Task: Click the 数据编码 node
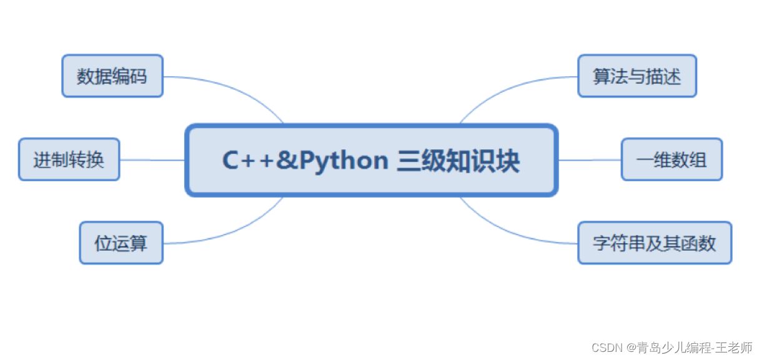pyautogui.click(x=112, y=76)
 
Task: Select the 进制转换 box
pyautogui.click(x=69, y=160)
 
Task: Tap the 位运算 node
pyautogui.click(x=121, y=242)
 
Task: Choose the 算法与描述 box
pyautogui.click(x=636, y=76)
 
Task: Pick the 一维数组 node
pyautogui.click(x=671, y=160)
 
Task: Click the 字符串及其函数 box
pyautogui.click(x=654, y=242)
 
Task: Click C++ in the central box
pyautogui.click(x=249, y=161)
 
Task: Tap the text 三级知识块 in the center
pyautogui.click(x=458, y=161)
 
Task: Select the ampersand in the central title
pyautogui.click(x=287, y=161)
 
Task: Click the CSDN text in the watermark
pyautogui.click(x=603, y=347)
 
